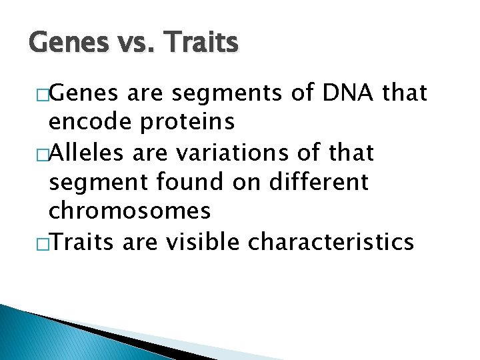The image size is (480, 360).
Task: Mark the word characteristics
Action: (x=331, y=242)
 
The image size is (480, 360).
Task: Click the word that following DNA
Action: (x=404, y=93)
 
